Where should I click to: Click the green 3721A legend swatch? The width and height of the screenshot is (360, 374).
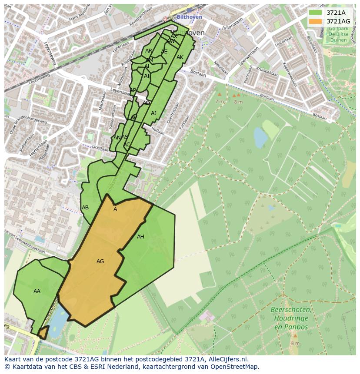pos(315,13)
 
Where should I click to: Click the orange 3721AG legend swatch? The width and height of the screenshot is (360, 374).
pos(315,21)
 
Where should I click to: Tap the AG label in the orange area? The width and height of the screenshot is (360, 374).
pos(100,261)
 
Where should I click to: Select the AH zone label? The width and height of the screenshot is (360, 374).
pos(140,237)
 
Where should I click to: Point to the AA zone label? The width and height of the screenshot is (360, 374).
pos(37,291)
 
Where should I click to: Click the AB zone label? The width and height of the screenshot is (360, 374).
pos(85,208)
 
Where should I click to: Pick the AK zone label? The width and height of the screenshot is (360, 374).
pos(180,57)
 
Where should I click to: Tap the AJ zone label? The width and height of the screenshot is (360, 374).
pos(153,113)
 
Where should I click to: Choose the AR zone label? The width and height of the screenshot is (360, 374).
pos(149,51)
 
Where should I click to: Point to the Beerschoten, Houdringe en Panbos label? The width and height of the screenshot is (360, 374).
pos(290,318)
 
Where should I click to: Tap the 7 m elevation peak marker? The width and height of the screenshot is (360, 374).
pos(219,94)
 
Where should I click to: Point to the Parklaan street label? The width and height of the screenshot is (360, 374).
pos(184,122)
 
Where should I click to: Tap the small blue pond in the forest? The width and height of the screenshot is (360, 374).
pos(260,138)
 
